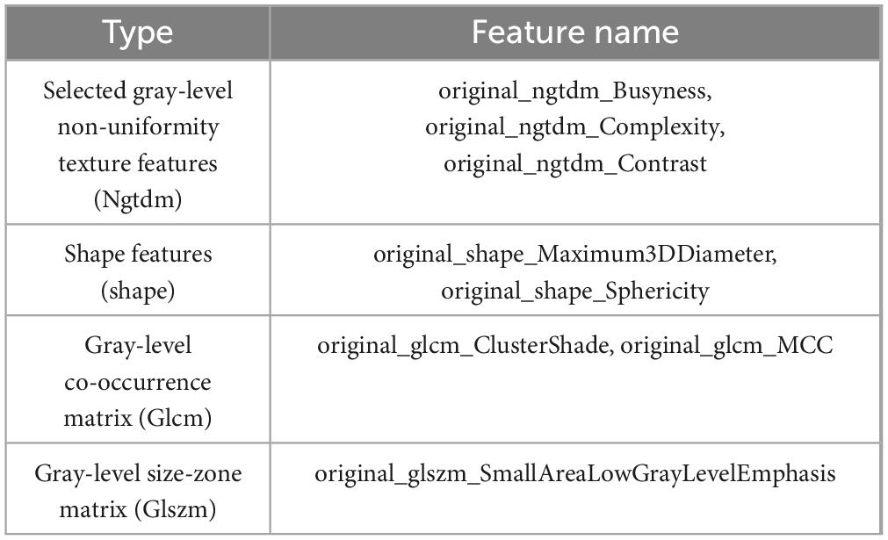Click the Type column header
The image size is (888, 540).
(138, 32)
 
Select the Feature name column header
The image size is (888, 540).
(575, 32)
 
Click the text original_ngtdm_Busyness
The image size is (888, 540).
(574, 90)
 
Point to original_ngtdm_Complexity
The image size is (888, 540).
(574, 126)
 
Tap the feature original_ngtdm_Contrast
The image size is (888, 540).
(574, 163)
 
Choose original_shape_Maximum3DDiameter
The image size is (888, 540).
(574, 255)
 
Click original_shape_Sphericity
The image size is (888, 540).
(574, 291)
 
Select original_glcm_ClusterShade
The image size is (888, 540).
(464, 346)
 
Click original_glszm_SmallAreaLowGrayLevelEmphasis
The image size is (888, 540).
(574, 474)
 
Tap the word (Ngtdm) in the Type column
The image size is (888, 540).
(138, 200)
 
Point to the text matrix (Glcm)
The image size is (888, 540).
(138, 419)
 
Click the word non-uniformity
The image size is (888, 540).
(138, 126)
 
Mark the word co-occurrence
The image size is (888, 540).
(138, 383)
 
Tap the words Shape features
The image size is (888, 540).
(138, 255)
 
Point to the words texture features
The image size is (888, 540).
(138, 163)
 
